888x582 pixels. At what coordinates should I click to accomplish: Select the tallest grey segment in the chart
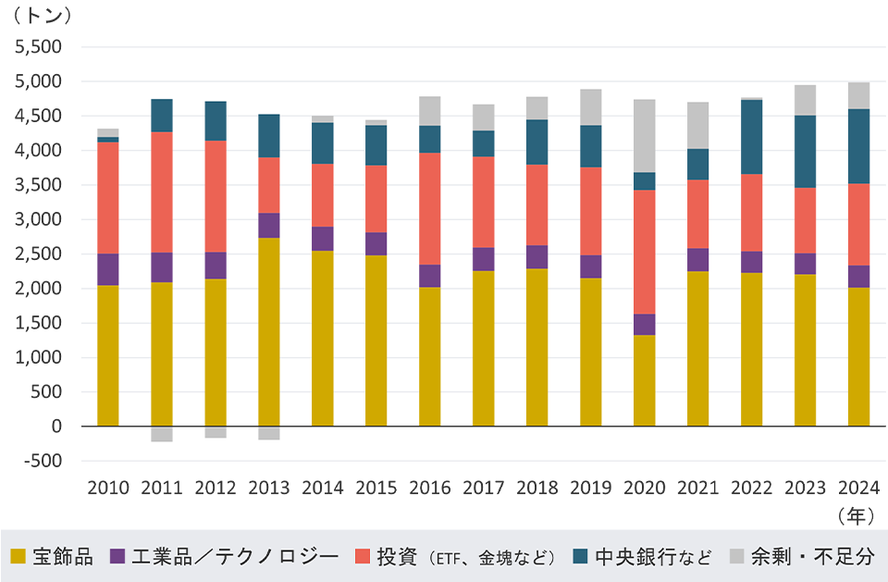point(645,135)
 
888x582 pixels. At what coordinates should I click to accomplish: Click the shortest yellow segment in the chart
point(645,380)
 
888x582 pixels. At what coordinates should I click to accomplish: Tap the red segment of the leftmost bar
point(108,197)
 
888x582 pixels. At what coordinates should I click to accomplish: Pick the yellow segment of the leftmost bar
point(108,356)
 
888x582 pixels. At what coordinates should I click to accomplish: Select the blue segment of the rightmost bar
point(859,146)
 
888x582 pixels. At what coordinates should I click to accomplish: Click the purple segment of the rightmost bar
point(859,277)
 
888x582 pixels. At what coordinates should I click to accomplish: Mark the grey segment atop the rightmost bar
point(859,95)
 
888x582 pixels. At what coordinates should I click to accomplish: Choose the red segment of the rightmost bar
point(859,224)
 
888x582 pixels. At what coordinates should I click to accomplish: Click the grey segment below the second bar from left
point(162,434)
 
